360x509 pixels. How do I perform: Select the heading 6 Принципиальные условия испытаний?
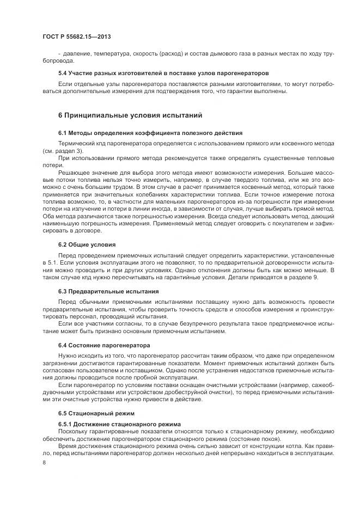(x=130, y=115)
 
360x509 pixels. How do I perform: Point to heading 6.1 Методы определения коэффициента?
(x=150, y=133)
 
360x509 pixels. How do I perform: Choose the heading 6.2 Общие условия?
(x=87, y=244)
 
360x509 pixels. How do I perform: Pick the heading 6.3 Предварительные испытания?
(x=108, y=291)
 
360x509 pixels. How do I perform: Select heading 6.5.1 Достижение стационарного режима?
(x=120, y=424)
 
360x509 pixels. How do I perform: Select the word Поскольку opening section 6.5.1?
(x=74, y=431)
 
